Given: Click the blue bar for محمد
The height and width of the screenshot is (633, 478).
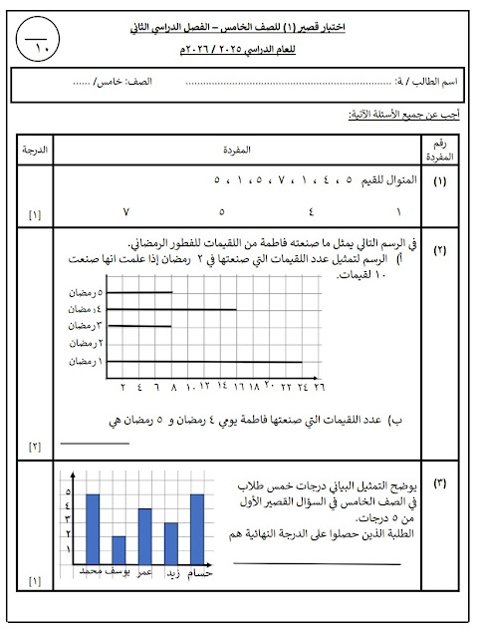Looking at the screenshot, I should click(x=93, y=533).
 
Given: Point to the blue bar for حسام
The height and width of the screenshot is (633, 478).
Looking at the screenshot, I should click(x=197, y=533).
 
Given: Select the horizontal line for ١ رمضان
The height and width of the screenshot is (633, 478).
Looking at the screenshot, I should click(x=203, y=361).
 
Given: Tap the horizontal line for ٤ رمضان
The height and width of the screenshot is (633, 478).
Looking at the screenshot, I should click(x=170, y=310).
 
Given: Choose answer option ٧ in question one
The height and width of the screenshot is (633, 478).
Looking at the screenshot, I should click(x=125, y=212).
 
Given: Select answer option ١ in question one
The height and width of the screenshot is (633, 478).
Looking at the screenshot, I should click(x=398, y=212).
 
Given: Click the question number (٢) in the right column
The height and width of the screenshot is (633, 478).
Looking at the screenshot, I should click(x=439, y=248).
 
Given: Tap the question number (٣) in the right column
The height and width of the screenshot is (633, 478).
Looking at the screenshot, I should click(x=439, y=483).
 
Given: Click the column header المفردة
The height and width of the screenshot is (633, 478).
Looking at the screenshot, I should click(x=239, y=150).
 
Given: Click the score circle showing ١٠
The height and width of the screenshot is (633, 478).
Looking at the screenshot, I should click(x=39, y=42).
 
